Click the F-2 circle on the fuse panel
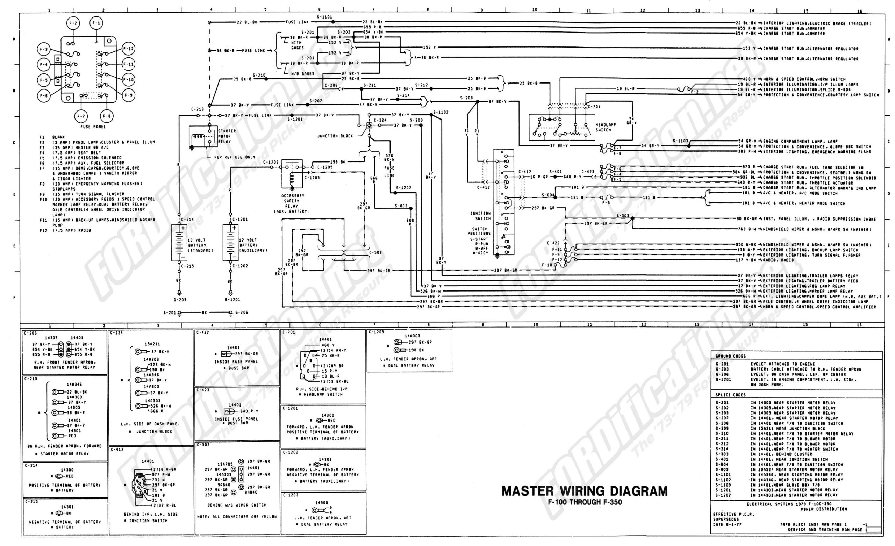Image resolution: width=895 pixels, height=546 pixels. tap(73, 24)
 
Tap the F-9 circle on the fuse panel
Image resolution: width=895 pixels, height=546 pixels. tap(129, 95)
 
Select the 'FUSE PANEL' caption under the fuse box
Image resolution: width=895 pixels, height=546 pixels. tap(93, 127)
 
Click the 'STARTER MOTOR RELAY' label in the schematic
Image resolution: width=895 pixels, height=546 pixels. tap(227, 136)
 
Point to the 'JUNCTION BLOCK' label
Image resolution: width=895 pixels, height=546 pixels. tap(335, 136)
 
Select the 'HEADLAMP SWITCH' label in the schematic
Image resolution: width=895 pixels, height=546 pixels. tap(606, 127)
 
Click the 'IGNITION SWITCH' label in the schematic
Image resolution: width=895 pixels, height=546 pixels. tap(480, 216)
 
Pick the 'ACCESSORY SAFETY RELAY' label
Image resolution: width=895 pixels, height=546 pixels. tap(293, 203)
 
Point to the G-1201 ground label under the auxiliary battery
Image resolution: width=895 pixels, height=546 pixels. tap(232, 300)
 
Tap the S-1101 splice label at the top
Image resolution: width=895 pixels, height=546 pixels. tap(324, 17)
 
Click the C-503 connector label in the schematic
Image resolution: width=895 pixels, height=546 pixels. tap(375, 252)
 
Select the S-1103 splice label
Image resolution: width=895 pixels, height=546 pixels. tap(680, 141)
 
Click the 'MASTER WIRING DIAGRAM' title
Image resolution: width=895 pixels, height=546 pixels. tap(584, 491)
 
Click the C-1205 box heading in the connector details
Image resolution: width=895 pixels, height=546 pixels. tap(376, 332)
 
